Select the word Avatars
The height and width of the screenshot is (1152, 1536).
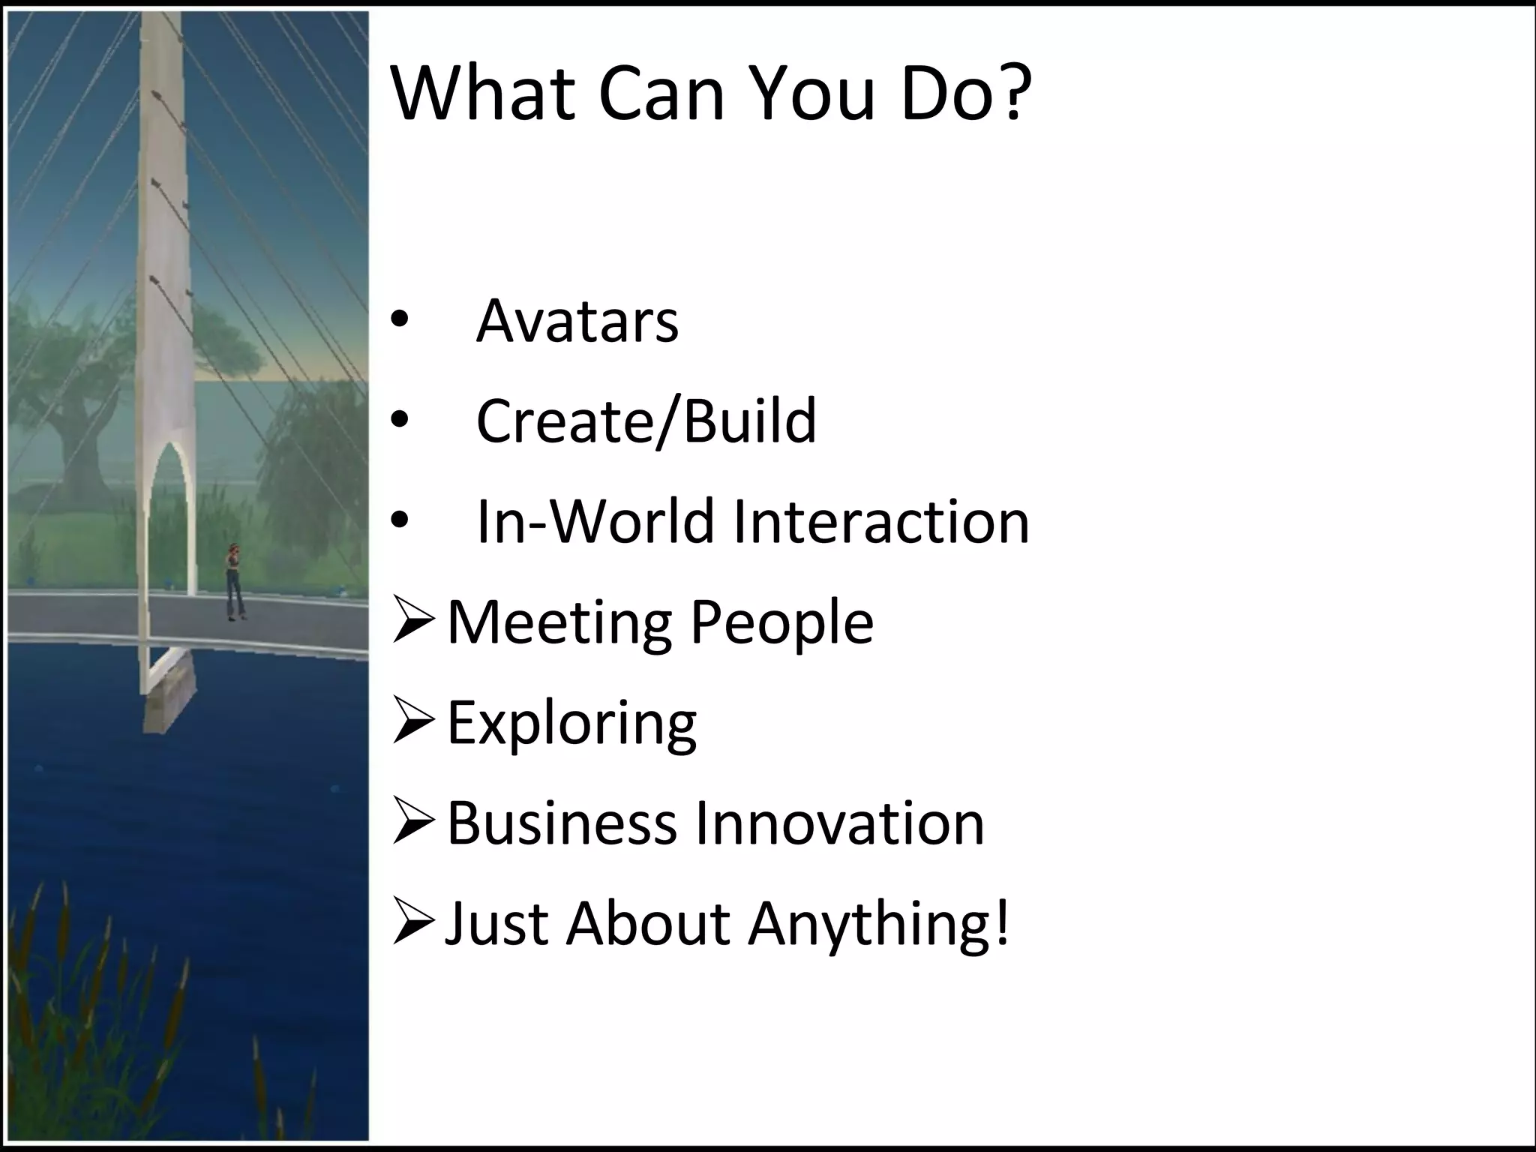coord(577,321)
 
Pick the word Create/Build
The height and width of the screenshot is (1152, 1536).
coord(646,421)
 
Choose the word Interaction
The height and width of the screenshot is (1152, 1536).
coord(881,521)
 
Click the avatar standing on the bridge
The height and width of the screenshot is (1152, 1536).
coord(235,581)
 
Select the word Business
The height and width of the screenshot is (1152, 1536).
coord(562,823)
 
